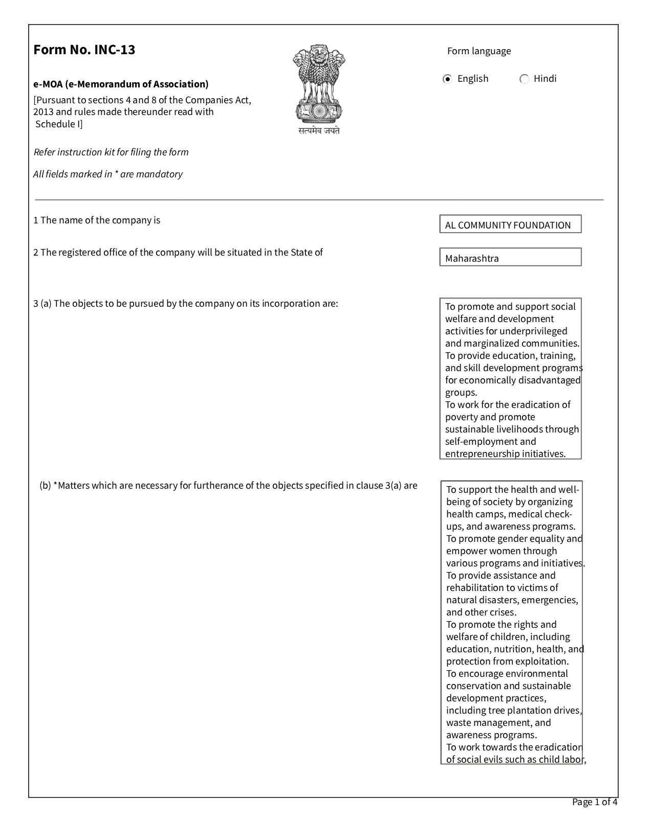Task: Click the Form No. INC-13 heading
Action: pyautogui.click(x=84, y=50)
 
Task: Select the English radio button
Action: pyautogui.click(x=448, y=79)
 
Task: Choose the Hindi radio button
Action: pyautogui.click(x=524, y=79)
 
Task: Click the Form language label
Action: pyautogui.click(x=479, y=51)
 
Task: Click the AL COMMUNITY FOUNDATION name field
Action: pyautogui.click(x=510, y=224)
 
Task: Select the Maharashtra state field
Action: pyautogui.click(x=510, y=258)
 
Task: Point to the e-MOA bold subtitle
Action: pyautogui.click(x=121, y=84)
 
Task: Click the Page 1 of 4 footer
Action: pyautogui.click(x=595, y=802)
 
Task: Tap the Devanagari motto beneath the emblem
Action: pyautogui.click(x=319, y=131)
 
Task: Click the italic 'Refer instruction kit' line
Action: pyautogui.click(x=111, y=152)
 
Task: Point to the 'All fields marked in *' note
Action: pyautogui.click(x=108, y=174)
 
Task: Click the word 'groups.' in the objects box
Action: pyautogui.click(x=461, y=393)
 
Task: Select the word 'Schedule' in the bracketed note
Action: pyautogui.click(x=55, y=124)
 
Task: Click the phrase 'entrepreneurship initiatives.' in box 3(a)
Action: pyautogui.click(x=505, y=454)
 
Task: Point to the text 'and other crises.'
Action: pyautogui.click(x=481, y=612)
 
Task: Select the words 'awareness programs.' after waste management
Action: pyautogui.click(x=491, y=735)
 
